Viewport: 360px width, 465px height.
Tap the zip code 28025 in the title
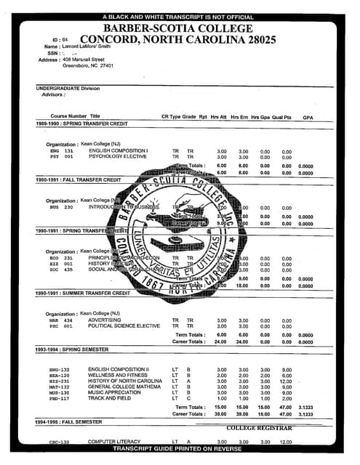coord(250,39)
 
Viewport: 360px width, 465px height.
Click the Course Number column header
coord(68,116)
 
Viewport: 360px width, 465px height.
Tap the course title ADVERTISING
coord(105,320)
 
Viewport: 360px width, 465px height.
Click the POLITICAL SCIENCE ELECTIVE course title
coord(124,326)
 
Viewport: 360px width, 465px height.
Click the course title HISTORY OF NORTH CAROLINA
coord(125,381)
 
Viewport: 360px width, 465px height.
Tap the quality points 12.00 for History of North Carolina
coord(286,381)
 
